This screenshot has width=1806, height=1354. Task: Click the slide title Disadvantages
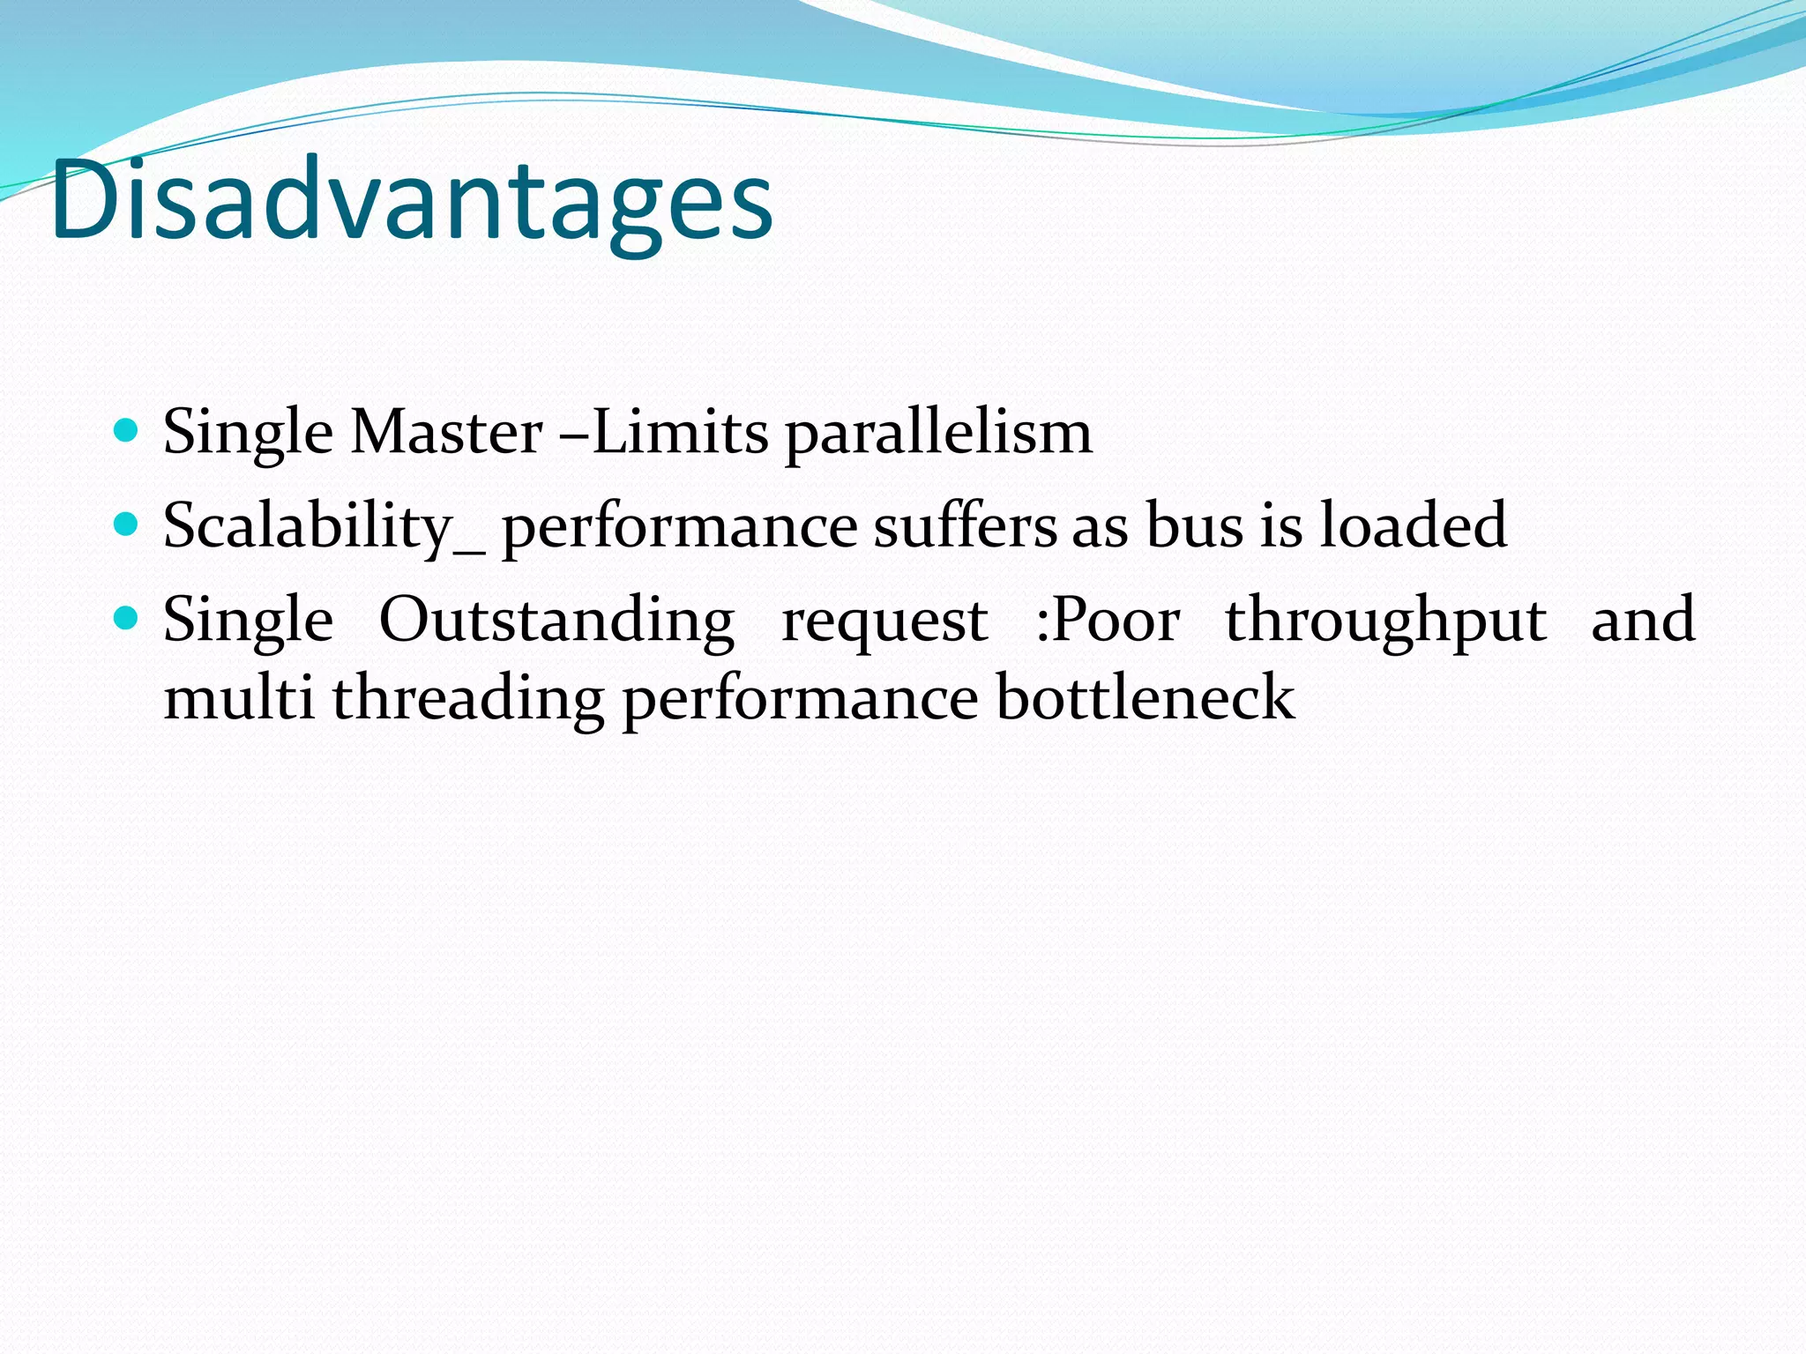pos(412,201)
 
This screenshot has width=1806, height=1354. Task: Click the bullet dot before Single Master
pos(127,431)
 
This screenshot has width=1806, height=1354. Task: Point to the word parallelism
pos(938,435)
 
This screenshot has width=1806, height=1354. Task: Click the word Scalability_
pos(323,527)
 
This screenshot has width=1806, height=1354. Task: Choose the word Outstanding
pos(556,621)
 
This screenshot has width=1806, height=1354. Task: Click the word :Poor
pos(1108,621)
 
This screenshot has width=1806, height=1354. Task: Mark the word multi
pos(239,698)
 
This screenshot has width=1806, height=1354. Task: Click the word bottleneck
pos(1145,698)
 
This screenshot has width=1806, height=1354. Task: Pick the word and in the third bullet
pos(1643,620)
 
